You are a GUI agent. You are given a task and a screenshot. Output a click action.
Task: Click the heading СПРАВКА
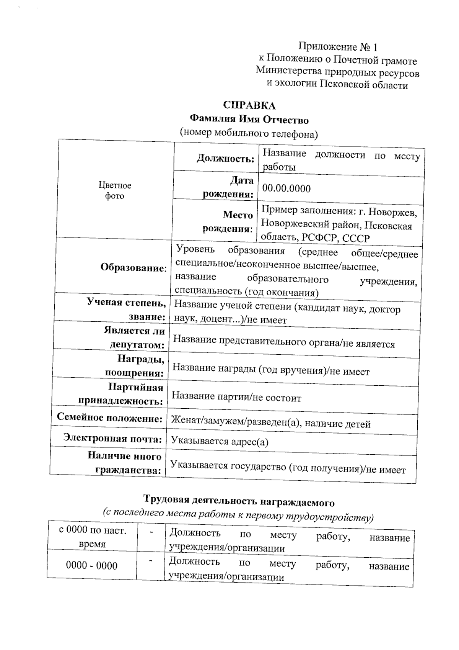[x=249, y=105]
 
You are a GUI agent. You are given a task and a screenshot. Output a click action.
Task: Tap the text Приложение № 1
[x=338, y=47]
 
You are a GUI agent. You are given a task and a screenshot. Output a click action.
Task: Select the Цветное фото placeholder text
[x=115, y=190]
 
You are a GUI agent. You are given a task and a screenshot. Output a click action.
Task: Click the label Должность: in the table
[x=226, y=158]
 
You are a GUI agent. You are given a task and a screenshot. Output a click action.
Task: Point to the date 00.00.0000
[x=286, y=188]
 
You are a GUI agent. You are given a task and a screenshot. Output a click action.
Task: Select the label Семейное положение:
[x=110, y=418]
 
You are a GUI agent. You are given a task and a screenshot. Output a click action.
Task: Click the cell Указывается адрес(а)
[x=220, y=442]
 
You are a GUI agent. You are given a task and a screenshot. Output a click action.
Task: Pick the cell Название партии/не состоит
[x=236, y=397]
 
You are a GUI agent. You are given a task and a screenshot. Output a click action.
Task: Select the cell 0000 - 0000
[x=92, y=565]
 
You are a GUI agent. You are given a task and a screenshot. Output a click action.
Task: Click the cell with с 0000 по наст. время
[x=92, y=537]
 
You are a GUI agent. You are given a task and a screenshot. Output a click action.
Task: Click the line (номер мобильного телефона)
[x=249, y=133]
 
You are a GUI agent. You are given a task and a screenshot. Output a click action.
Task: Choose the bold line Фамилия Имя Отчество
[x=249, y=120]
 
